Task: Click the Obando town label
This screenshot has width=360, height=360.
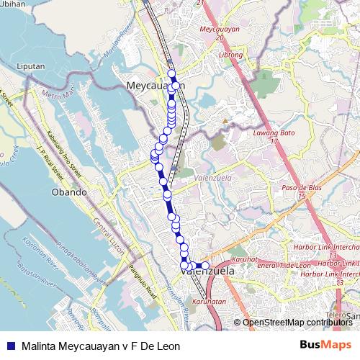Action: tap(70, 192)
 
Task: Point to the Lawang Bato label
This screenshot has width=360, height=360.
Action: tap(264, 133)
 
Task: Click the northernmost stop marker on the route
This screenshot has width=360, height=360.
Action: tap(171, 73)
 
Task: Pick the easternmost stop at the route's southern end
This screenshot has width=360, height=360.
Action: tap(204, 266)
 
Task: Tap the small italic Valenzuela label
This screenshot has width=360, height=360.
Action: tap(195, 174)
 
